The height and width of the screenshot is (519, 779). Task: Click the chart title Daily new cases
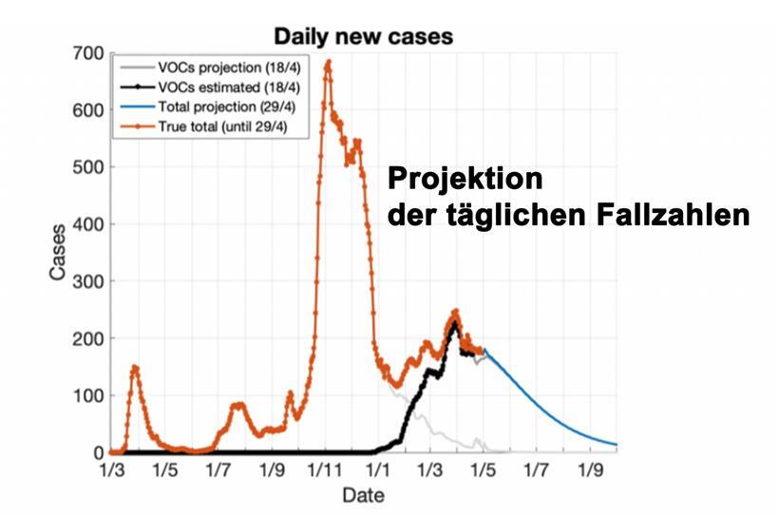364,37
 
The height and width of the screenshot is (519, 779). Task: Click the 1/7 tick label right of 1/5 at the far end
540,470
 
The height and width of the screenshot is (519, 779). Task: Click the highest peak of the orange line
328,62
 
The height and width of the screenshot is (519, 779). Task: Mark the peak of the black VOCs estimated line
455,325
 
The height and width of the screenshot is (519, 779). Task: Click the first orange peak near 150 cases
135,367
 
